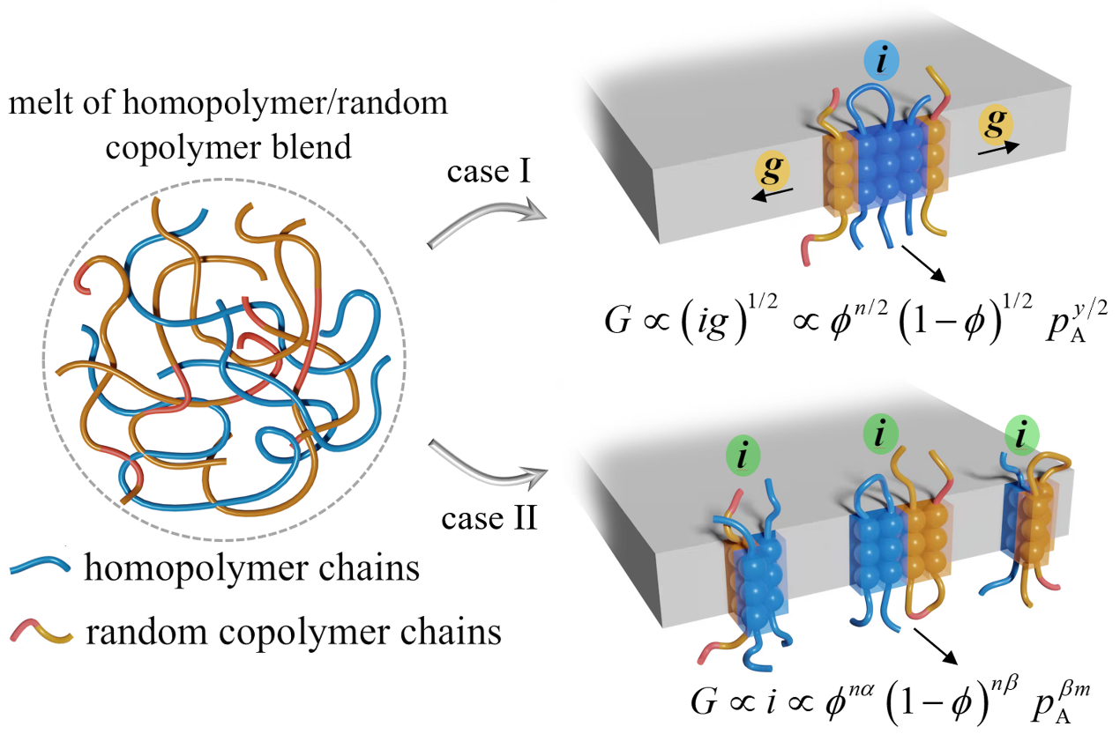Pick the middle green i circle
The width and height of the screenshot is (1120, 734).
883,432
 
